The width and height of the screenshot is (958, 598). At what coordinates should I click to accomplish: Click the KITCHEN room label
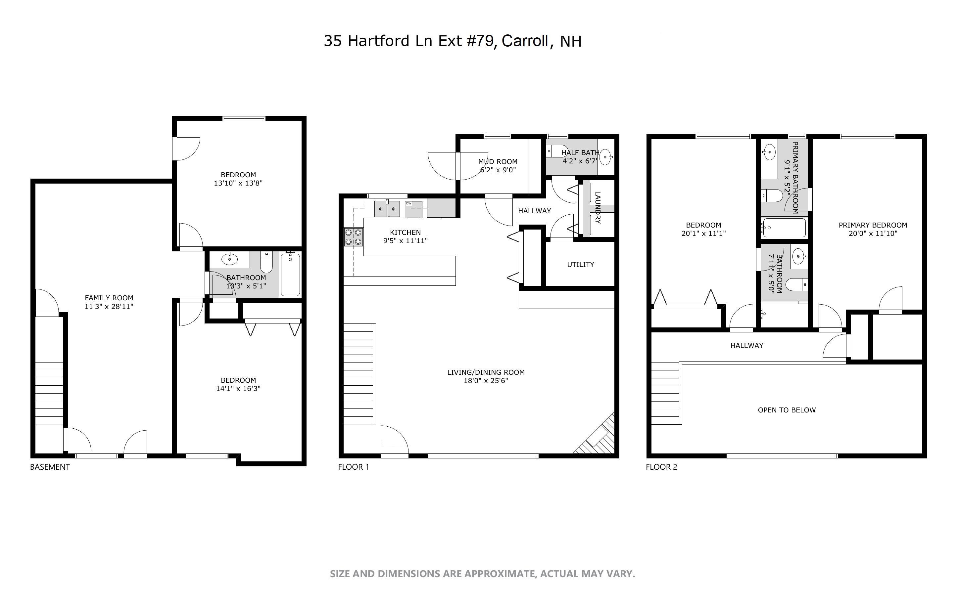(x=405, y=232)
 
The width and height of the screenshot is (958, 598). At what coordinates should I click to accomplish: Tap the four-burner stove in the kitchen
(x=353, y=237)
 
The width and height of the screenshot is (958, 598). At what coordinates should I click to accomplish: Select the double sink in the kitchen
(x=387, y=208)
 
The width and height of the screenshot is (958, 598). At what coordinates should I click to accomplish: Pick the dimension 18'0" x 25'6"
(x=486, y=380)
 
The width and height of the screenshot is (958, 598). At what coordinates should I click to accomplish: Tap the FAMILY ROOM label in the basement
(x=109, y=298)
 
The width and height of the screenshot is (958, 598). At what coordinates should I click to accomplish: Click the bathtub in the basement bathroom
(x=290, y=275)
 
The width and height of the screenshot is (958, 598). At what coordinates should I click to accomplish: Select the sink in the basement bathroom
(x=229, y=259)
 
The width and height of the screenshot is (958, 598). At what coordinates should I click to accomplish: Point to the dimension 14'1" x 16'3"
(x=238, y=388)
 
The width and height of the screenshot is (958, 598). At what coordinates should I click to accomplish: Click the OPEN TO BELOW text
(x=786, y=410)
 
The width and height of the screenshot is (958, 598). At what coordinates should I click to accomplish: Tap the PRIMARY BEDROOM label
(x=873, y=225)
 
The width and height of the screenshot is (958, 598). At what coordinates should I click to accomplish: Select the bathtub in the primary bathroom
(x=784, y=228)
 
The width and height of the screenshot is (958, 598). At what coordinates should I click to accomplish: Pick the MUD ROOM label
(x=498, y=161)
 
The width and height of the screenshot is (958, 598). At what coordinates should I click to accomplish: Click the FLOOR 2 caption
(x=661, y=467)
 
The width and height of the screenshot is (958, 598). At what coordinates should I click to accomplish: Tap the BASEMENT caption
(x=50, y=467)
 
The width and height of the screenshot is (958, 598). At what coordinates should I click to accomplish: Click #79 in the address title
(x=481, y=41)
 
